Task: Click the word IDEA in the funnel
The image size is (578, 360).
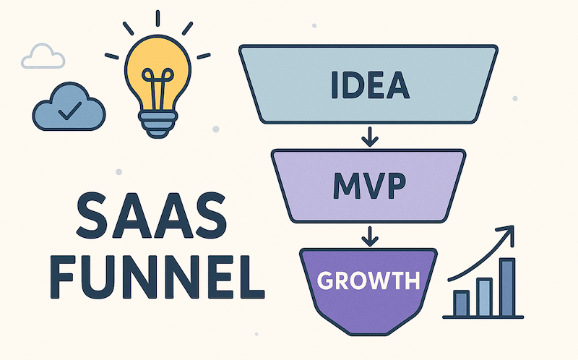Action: click(x=369, y=86)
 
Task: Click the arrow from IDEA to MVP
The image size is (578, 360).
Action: click(x=370, y=135)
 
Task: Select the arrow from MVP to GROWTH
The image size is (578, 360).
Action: click(x=370, y=235)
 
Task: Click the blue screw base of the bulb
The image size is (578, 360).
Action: click(x=157, y=124)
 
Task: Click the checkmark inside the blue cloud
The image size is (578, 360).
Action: click(x=69, y=111)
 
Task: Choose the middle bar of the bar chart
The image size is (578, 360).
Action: click(x=484, y=296)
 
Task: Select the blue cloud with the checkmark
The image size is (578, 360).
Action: click(x=69, y=108)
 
